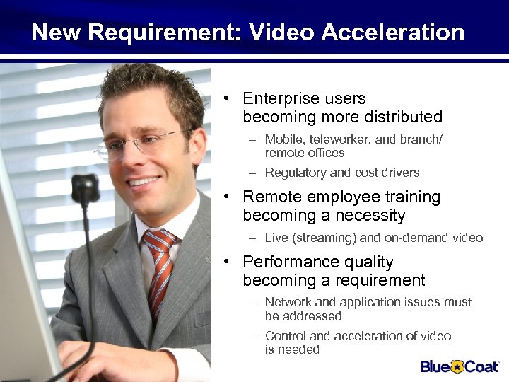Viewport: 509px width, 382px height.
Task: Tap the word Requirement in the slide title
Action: click(168, 33)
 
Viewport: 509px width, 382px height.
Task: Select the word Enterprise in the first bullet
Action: click(277, 99)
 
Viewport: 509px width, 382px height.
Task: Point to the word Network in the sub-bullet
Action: click(288, 303)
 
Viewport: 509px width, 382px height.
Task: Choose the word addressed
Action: click(312, 316)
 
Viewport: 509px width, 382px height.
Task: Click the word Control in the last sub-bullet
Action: click(286, 336)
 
